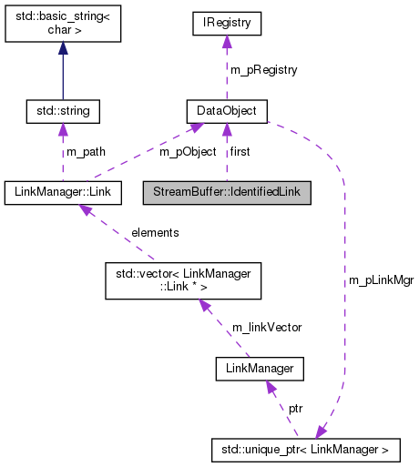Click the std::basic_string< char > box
(63, 26)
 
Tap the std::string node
(63, 111)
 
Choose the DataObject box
(227, 111)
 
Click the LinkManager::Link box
(63, 192)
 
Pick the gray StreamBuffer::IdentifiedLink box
(228, 192)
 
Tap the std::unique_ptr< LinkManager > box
(305, 449)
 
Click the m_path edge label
(84, 151)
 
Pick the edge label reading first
(240, 151)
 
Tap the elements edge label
(155, 232)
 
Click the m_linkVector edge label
(266, 327)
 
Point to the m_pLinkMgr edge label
(381, 280)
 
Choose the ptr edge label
(297, 409)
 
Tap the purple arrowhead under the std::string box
(63, 130)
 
